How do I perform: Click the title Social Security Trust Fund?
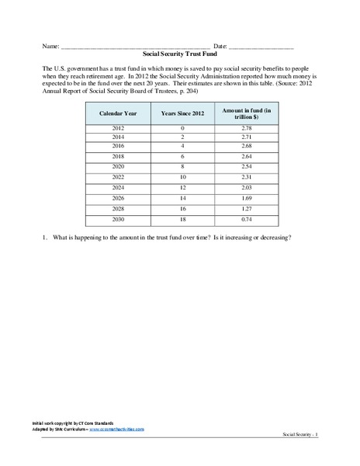coord(180,56)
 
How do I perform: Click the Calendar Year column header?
coord(117,113)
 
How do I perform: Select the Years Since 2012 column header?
coord(182,113)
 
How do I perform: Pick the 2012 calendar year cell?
coord(117,127)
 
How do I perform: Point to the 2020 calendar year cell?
coord(117,167)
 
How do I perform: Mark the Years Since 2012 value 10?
coord(182,178)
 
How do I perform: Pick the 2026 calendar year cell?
coord(117,198)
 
